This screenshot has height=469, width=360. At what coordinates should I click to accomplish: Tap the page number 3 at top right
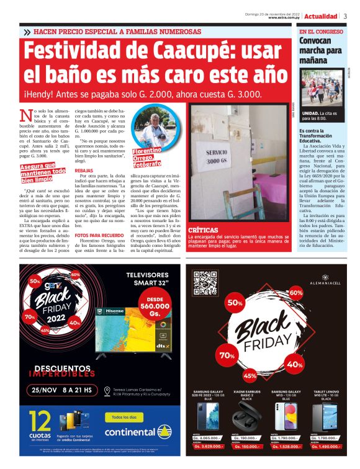point(345,16)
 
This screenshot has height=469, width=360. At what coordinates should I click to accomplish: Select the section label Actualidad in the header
point(321,16)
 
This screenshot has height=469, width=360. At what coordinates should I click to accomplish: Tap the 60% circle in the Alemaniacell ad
point(295,292)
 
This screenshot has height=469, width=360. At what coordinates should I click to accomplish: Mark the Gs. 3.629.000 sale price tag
point(210,446)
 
